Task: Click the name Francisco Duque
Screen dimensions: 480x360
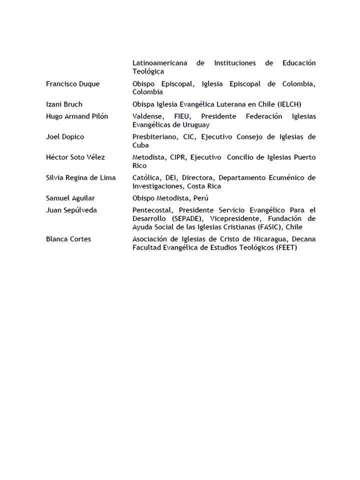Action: click(x=72, y=84)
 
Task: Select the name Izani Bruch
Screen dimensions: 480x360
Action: click(x=64, y=104)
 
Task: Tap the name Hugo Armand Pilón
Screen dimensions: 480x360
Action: click(x=76, y=116)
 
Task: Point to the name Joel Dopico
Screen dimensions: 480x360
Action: click(x=64, y=137)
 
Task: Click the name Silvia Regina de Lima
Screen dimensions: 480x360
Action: click(x=80, y=178)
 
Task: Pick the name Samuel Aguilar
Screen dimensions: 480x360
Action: click(x=70, y=198)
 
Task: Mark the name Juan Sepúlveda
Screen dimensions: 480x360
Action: click(x=71, y=210)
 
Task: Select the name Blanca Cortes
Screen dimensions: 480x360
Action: click(x=68, y=239)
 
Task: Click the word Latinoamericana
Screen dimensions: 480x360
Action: click(x=160, y=63)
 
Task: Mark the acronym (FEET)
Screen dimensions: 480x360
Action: click(x=286, y=247)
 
